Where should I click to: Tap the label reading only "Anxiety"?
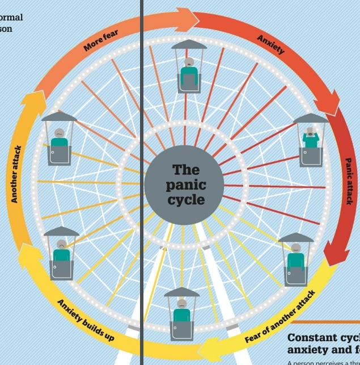pyautogui.click(x=270, y=44)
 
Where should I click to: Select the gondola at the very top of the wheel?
pyautogui.click(x=189, y=68)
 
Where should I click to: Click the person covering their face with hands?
pyautogui.click(x=310, y=138)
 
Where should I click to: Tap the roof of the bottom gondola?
pyautogui.click(x=181, y=293)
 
